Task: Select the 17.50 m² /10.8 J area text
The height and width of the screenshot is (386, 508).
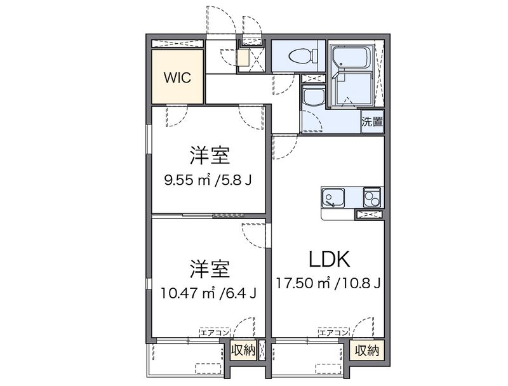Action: (328, 283)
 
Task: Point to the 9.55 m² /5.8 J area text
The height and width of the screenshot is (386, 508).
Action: (208, 181)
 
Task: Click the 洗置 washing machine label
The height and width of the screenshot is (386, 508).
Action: (372, 121)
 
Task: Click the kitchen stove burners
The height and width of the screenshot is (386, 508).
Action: (372, 198)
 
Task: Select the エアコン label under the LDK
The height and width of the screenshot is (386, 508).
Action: (333, 332)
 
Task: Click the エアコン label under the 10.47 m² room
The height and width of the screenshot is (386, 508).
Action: (213, 332)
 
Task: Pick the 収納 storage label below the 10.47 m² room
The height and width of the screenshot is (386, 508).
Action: (243, 350)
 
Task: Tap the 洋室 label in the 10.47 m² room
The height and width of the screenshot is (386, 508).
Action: (208, 269)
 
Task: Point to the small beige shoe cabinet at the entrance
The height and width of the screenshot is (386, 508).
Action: (244, 58)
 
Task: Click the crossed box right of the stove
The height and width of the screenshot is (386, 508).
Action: (370, 215)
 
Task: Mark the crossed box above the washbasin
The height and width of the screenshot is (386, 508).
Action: (313, 79)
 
